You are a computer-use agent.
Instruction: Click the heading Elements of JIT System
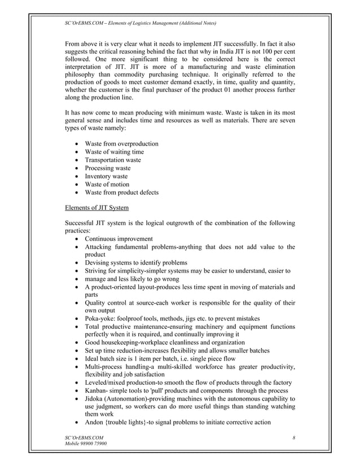(100, 208)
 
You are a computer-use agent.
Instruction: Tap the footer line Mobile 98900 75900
(86, 444)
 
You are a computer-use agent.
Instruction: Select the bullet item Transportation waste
(113, 160)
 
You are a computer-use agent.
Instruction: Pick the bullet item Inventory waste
(106, 176)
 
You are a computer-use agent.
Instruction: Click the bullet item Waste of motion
(107, 184)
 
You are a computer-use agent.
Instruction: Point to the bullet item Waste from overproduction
(121, 144)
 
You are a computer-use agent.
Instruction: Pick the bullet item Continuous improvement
(118, 239)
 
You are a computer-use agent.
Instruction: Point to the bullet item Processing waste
(107, 168)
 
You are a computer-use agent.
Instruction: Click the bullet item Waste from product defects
(121, 192)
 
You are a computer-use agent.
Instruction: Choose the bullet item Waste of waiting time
(114, 152)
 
